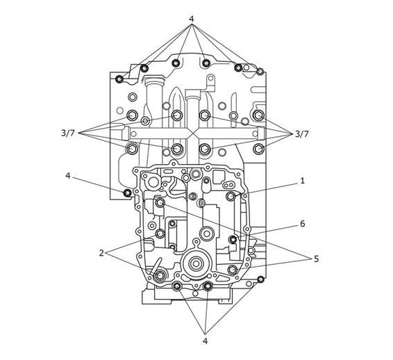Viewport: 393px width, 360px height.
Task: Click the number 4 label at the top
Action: pos(192,19)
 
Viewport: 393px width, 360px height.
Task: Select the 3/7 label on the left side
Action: pos(68,133)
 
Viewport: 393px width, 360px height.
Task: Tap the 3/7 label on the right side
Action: pos(301,134)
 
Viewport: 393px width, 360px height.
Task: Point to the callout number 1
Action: pos(302,181)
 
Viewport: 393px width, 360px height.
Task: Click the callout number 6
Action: pos(303,224)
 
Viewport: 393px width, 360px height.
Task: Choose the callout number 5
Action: pos(317,259)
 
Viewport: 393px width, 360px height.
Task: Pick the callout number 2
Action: pos(101,253)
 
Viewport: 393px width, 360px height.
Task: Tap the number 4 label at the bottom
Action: pos(205,341)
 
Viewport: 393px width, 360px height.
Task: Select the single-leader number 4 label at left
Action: pos(68,176)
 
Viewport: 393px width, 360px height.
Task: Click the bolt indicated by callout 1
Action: pos(231,196)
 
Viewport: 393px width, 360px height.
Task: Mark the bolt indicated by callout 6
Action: pos(233,240)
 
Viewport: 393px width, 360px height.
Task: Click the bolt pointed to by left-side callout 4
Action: pos(128,193)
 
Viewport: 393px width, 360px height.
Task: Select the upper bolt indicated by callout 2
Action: pos(160,234)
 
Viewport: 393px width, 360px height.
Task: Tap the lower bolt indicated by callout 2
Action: pos(160,275)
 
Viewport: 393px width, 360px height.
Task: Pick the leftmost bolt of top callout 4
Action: pos(119,79)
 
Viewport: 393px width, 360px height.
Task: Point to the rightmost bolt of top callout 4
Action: pos(260,72)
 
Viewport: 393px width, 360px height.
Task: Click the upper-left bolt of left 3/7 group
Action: pos(132,115)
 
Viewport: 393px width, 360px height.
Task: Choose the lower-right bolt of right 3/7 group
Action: pos(258,149)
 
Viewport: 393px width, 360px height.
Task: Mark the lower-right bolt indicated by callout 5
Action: pos(233,270)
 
